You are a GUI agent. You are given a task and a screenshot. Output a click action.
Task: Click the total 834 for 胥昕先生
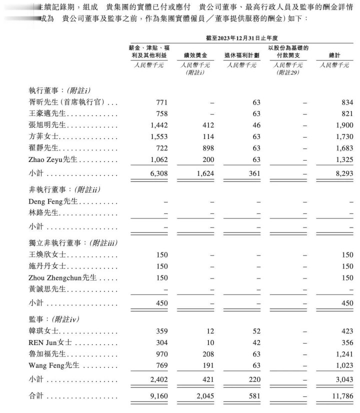click(x=346, y=102)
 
